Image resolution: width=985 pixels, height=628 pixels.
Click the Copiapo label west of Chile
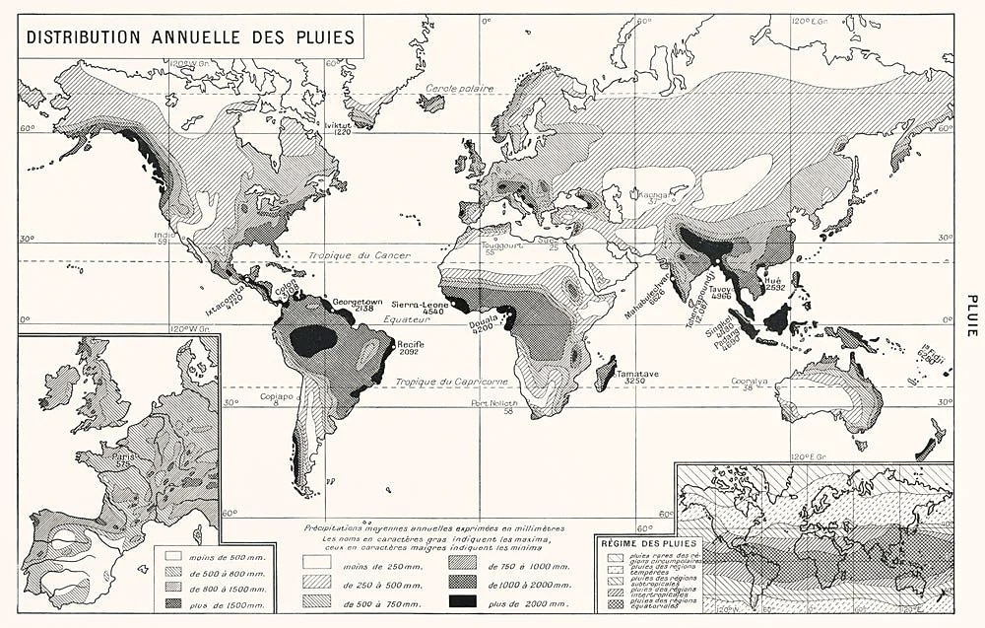point(279,397)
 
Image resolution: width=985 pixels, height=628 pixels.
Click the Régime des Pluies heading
point(648,542)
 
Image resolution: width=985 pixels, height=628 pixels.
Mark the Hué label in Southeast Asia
point(773,280)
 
